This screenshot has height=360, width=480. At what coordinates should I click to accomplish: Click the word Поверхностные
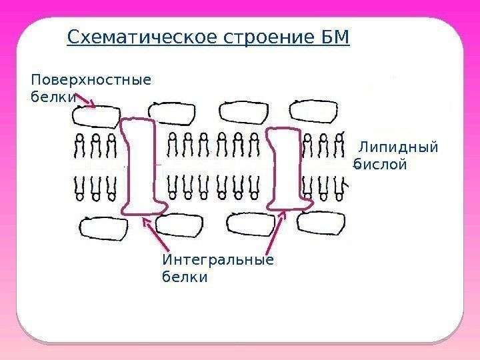coord(91,81)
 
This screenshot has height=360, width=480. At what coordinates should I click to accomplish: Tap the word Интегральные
coord(217,259)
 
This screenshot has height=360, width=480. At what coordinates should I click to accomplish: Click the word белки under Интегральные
coord(184,276)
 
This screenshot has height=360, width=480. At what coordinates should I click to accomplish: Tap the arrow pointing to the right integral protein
coord(276,230)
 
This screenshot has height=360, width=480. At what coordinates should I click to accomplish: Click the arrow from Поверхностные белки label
coord(87,102)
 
